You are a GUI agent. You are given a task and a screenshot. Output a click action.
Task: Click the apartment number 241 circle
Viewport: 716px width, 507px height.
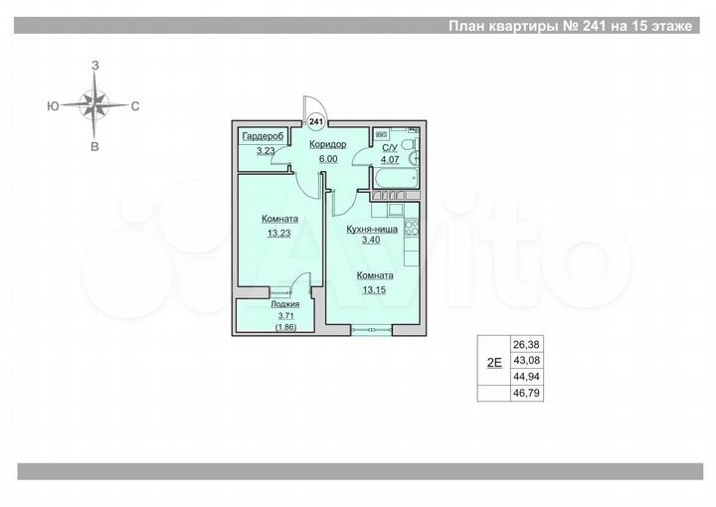coord(316,120)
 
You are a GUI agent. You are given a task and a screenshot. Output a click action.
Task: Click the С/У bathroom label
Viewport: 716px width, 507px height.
coord(391,147)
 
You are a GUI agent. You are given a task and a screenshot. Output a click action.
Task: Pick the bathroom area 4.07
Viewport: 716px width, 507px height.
coord(391,158)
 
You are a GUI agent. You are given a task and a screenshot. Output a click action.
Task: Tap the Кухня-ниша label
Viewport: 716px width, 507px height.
coord(372,228)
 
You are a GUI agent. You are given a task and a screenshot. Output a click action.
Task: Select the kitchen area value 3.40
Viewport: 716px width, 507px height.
coord(372,240)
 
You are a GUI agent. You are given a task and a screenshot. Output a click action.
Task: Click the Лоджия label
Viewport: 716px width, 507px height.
coord(285,304)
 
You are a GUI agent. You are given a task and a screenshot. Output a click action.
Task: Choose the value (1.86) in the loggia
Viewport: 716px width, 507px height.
coord(285,325)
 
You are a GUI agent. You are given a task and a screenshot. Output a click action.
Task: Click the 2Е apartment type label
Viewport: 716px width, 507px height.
coord(493,363)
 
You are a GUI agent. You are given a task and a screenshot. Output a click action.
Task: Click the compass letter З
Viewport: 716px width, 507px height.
coord(95,65)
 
